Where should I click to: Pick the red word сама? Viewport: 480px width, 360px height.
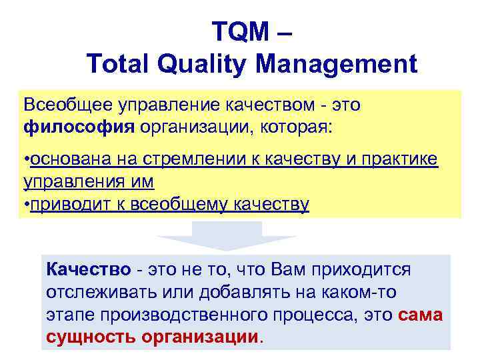tap(420, 315)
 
